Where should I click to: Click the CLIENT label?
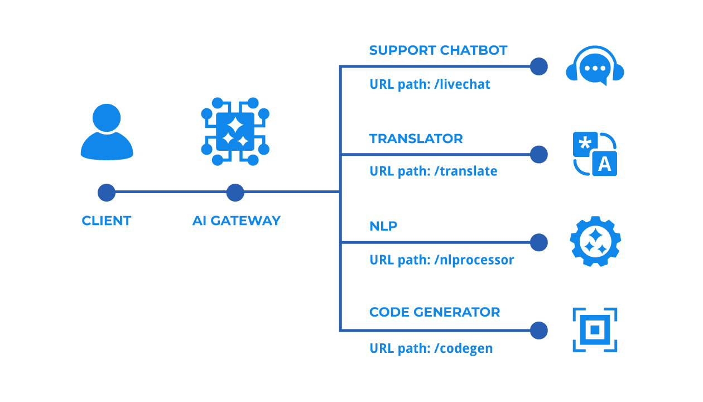click(x=106, y=221)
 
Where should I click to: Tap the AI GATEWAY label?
click(x=236, y=221)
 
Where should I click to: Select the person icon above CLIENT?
click(x=107, y=132)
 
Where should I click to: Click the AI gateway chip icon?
click(x=235, y=132)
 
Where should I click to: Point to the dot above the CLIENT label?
click(x=107, y=193)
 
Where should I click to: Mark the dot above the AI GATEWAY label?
click(x=235, y=193)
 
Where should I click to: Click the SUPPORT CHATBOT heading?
click(x=438, y=50)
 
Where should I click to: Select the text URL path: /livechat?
click(x=430, y=84)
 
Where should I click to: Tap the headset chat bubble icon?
click(x=595, y=66)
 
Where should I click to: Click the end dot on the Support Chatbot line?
click(x=538, y=66)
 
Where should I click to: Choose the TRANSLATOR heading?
click(x=416, y=138)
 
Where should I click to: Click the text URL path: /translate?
click(x=433, y=171)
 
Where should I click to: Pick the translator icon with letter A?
click(x=595, y=154)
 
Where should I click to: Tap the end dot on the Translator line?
click(x=538, y=155)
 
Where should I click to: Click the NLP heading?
click(x=383, y=226)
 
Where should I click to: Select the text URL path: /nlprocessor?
click(x=441, y=260)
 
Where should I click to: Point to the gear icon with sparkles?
click(x=595, y=242)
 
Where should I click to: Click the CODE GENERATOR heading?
click(x=434, y=312)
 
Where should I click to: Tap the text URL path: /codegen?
click(x=431, y=348)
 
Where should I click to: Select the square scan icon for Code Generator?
click(x=595, y=330)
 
